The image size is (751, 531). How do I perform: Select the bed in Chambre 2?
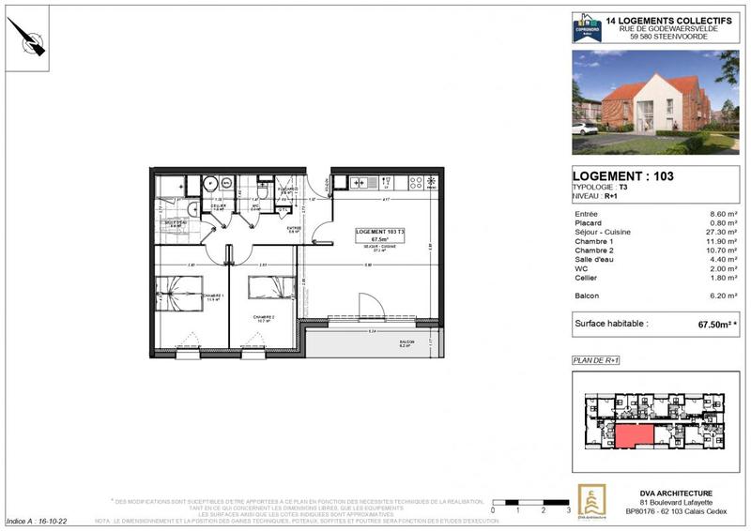(x=266, y=288)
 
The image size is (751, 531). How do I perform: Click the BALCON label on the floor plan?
(x=406, y=343)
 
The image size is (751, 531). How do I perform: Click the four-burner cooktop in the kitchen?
(x=420, y=182)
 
